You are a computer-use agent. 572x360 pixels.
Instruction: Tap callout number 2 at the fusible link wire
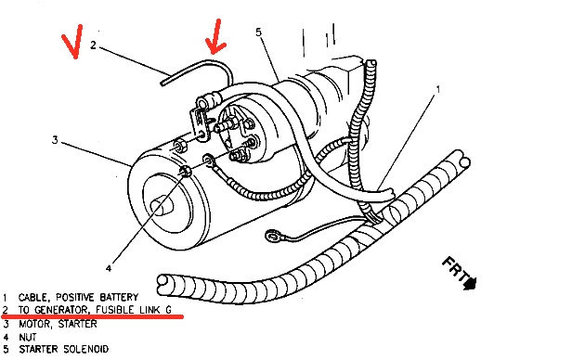pyautogui.click(x=94, y=44)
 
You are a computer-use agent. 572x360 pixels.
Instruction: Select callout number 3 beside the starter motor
pyautogui.click(x=55, y=141)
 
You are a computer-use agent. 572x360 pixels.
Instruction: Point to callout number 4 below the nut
pyautogui.click(x=108, y=268)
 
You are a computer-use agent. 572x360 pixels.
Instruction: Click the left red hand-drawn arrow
pyautogui.click(x=71, y=44)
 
